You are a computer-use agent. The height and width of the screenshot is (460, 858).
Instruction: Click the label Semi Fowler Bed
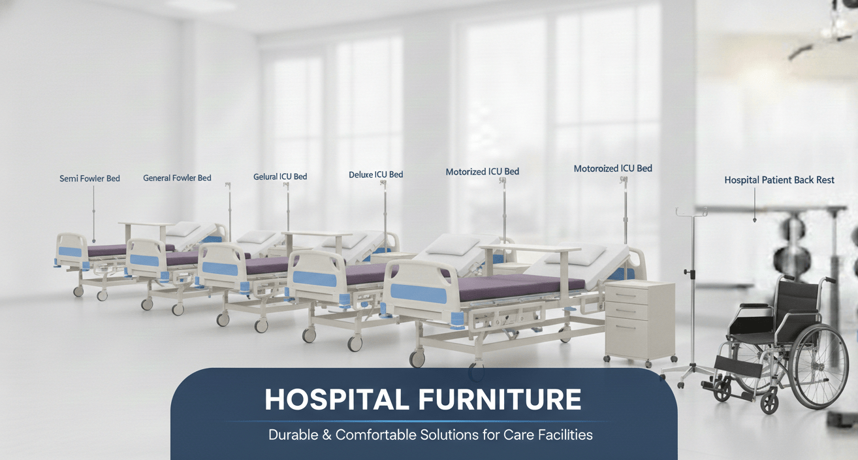(x=89, y=178)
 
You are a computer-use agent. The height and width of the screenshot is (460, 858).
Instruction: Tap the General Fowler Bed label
(x=177, y=178)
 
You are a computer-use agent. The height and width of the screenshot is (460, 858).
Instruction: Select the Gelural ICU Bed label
(x=280, y=176)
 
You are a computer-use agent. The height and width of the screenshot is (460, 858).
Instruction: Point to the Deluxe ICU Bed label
(x=375, y=174)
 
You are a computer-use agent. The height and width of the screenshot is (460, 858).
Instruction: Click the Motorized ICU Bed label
(x=482, y=172)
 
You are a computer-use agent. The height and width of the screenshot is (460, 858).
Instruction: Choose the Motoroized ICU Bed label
(x=612, y=169)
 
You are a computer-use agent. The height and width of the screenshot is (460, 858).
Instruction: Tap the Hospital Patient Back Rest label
(x=779, y=180)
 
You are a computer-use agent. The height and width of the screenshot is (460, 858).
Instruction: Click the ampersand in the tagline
(x=325, y=435)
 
